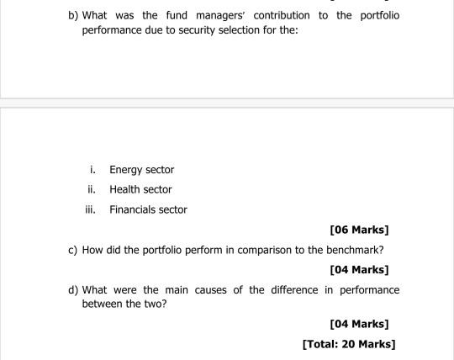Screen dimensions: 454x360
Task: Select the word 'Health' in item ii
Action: point(125,189)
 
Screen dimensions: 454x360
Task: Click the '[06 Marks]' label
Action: point(360,230)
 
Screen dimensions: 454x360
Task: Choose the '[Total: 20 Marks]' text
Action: point(348,343)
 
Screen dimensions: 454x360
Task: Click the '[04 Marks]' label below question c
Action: point(360,269)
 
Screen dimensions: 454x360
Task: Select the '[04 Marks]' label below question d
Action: point(360,323)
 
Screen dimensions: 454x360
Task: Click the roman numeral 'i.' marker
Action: point(92,170)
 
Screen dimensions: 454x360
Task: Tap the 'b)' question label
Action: point(75,16)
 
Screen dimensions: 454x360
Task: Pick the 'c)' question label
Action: point(74,249)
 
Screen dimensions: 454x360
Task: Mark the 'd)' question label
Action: point(75,289)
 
